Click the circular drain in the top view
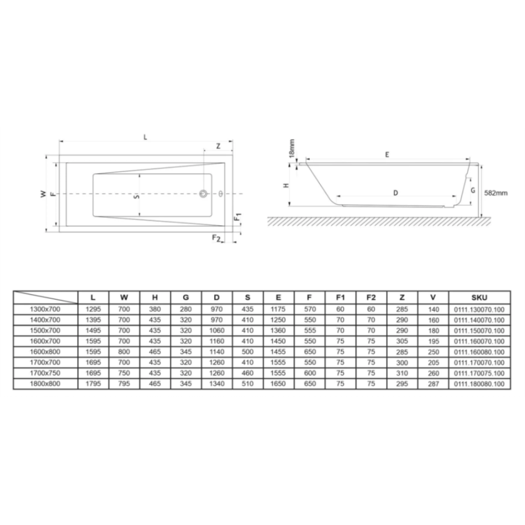pyautogui.click(x=203, y=194)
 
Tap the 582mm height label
pyautogui.click(x=496, y=193)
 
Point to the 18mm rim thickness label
pyautogui.click(x=292, y=149)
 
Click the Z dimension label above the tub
pyautogui.click(x=218, y=146)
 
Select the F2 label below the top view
pyautogui.click(x=216, y=238)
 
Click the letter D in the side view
pyautogui.click(x=395, y=193)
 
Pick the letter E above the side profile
pyautogui.click(x=387, y=155)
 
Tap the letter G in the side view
pyautogui.click(x=473, y=190)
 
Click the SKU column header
pyautogui.click(x=479, y=297)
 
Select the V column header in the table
pyautogui.click(x=433, y=297)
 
